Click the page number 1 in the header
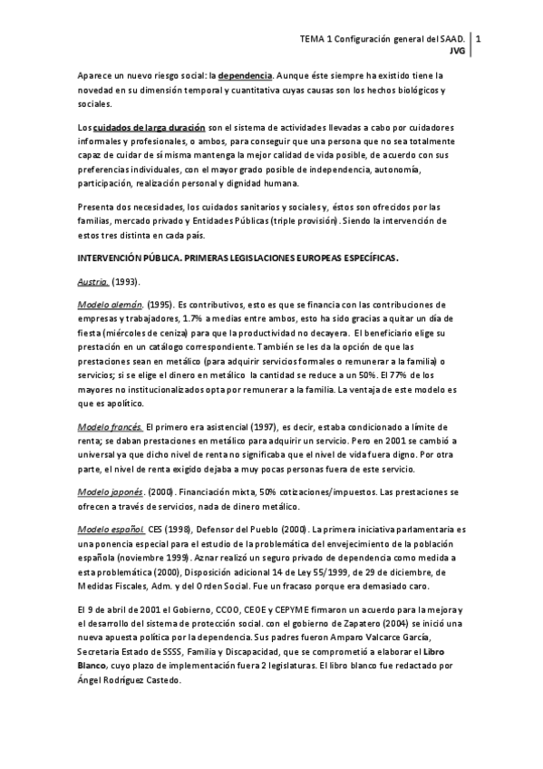478,40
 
